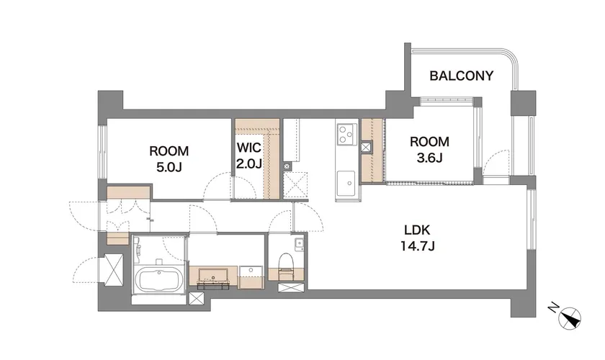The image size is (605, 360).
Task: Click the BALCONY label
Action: pos(462,76)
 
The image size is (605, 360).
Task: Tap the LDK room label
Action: pos(417,230)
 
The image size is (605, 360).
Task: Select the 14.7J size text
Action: pos(418,246)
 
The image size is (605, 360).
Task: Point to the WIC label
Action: pos(249,148)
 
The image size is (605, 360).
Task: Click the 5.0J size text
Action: pos(169,167)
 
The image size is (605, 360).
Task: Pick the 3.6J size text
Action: pos(429,158)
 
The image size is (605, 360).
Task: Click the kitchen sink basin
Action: pos(346,184)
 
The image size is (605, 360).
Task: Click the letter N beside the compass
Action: pos(553,308)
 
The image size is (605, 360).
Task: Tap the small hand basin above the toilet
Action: pos(299,244)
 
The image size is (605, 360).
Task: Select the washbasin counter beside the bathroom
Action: pos(213,276)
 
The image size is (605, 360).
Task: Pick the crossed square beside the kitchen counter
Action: pos(366,148)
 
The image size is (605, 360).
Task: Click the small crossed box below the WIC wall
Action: pos(287,167)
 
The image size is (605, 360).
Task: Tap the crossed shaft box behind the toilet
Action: pos(286,287)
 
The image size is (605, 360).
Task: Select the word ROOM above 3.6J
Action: pos(429,142)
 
